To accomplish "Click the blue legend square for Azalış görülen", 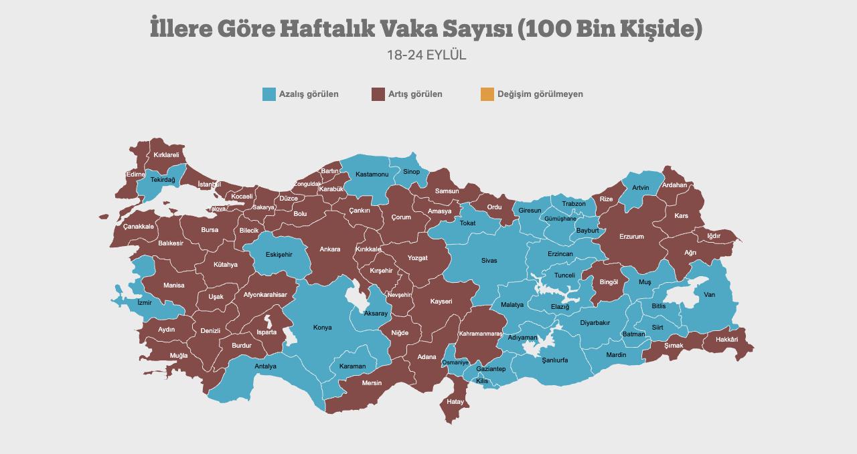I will click(x=269, y=94).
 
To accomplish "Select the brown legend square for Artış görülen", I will click(x=378, y=94).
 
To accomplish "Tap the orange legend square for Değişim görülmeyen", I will click(x=487, y=94).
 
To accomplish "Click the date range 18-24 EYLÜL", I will click(x=426, y=55).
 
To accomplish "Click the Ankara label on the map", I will click(x=329, y=249).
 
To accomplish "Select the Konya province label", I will click(x=323, y=328).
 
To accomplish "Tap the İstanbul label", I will click(x=210, y=185).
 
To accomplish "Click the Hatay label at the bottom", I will click(x=455, y=402).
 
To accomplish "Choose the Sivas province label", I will click(x=489, y=261).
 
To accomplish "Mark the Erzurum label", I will click(x=631, y=237).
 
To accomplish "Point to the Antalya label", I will click(x=265, y=366).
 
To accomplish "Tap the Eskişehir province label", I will click(x=279, y=255).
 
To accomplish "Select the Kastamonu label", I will click(x=372, y=175).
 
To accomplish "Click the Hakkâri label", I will click(x=726, y=340).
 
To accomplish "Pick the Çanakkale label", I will click(x=139, y=227).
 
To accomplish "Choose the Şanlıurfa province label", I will click(x=555, y=360).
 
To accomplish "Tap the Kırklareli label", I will click(x=166, y=155).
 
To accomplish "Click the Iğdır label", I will click(x=714, y=236).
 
